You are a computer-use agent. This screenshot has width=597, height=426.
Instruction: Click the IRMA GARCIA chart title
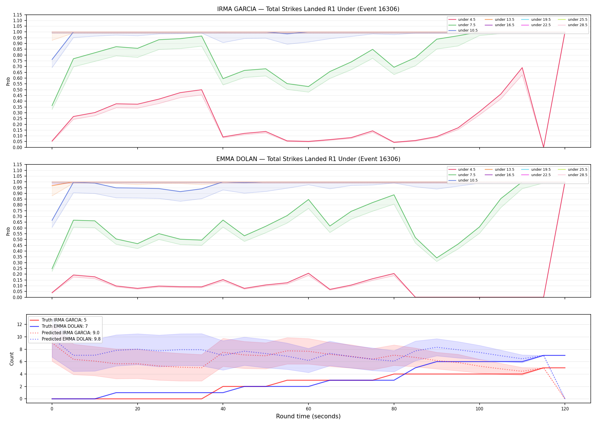(x=308, y=9)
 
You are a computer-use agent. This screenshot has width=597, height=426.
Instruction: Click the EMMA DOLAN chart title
(x=308, y=159)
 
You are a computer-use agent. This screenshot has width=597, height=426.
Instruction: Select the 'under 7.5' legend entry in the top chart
(x=462, y=25)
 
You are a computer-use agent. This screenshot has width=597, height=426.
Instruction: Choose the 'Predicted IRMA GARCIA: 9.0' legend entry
(x=65, y=333)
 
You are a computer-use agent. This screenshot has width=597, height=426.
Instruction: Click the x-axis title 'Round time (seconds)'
(x=308, y=416)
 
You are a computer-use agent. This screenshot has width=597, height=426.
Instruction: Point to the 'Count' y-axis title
(x=12, y=359)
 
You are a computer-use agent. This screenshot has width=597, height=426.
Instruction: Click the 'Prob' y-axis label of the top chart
(x=8, y=81)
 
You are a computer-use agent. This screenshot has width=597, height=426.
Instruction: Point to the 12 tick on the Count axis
(x=20, y=324)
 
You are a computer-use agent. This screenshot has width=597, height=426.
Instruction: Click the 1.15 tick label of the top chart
(x=17, y=15)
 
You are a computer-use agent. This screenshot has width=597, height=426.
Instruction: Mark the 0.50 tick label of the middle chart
(x=17, y=239)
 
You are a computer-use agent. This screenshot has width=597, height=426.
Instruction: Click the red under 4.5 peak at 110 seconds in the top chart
(x=522, y=68)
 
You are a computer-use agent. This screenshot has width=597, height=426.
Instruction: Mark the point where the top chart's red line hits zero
(x=544, y=147)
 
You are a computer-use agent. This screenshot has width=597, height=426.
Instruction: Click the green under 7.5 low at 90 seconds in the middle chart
(x=437, y=258)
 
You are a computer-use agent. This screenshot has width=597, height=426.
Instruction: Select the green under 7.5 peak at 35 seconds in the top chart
(x=202, y=36)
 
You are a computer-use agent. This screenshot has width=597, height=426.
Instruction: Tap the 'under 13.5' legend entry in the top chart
(x=499, y=20)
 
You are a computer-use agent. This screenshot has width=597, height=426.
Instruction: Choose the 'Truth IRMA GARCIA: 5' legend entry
(x=58, y=320)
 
